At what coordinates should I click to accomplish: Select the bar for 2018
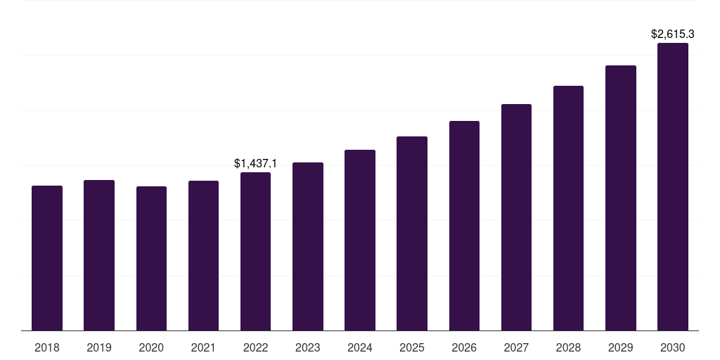click(47, 258)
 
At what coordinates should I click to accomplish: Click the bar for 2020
click(151, 258)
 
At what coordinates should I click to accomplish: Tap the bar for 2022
click(255, 251)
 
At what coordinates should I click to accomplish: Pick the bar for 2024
click(360, 240)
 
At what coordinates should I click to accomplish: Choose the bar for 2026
click(464, 226)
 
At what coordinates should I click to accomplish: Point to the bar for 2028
click(568, 208)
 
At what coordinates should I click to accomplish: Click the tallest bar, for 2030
click(673, 186)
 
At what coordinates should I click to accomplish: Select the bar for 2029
click(621, 198)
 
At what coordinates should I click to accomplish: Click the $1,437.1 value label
click(255, 164)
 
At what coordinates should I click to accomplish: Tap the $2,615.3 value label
click(673, 34)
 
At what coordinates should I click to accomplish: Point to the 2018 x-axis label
click(47, 347)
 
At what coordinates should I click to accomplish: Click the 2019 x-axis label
click(99, 347)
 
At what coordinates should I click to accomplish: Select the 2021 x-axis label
click(203, 347)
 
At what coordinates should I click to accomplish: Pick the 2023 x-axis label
click(308, 347)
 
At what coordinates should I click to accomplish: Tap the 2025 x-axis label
click(412, 347)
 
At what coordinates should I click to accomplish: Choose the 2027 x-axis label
click(516, 347)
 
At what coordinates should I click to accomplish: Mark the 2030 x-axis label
click(673, 347)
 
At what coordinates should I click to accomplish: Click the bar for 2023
click(308, 246)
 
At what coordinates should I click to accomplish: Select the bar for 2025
click(412, 233)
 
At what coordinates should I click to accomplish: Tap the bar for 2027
click(516, 217)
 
